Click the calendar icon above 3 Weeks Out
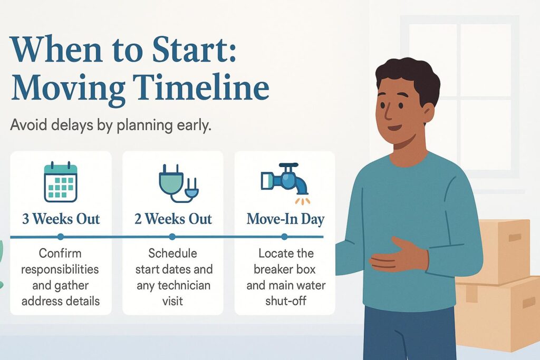click(x=61, y=182)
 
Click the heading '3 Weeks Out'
click(x=61, y=219)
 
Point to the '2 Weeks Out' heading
click(x=173, y=219)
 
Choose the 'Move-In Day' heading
click(x=285, y=219)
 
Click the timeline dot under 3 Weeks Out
click(x=61, y=237)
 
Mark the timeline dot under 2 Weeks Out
click(x=173, y=237)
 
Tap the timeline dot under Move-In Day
click(x=285, y=237)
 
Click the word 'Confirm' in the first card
click(x=61, y=254)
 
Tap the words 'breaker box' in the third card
click(x=285, y=270)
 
